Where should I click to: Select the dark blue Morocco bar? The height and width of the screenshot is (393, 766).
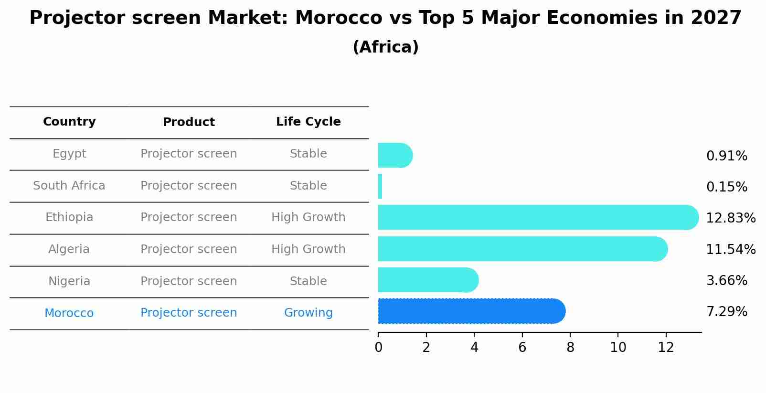470,311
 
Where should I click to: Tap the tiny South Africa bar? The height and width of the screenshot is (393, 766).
380,186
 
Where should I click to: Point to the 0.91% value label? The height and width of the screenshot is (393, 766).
726,156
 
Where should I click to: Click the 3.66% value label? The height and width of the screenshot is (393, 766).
726,281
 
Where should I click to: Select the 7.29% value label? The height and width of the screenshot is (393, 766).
726,312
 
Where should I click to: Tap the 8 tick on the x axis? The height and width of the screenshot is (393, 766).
570,348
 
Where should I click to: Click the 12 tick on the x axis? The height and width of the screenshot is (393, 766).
666,348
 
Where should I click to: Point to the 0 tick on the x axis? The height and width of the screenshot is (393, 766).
378,348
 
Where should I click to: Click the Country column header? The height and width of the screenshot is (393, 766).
69,122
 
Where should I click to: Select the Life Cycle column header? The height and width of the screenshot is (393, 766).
308,122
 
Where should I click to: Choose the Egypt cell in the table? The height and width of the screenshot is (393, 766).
69,154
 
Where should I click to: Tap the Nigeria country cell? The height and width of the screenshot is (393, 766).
69,281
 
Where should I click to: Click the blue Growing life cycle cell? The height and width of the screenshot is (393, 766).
308,313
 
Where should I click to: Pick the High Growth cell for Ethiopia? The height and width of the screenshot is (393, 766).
308,217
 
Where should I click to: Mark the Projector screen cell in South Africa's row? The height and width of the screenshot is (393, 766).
189,186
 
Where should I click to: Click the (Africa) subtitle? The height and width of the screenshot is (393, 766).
385,47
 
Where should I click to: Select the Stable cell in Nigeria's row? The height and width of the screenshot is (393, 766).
308,281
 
